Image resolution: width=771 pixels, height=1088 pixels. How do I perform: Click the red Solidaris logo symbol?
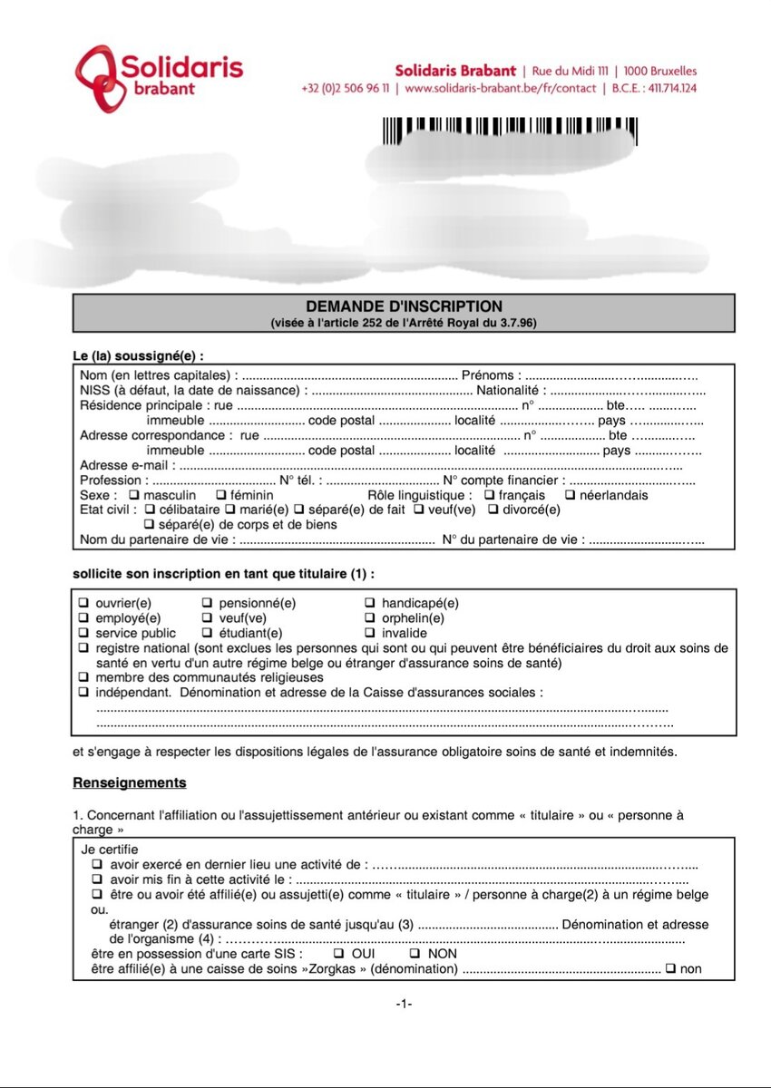tap(98, 79)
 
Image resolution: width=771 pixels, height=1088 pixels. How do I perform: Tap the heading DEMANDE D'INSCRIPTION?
tap(404, 306)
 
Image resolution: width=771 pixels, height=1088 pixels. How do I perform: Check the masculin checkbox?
tap(133, 496)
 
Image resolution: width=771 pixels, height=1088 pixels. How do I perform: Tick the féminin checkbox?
tap(220, 496)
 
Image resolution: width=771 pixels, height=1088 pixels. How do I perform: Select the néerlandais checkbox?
tap(570, 496)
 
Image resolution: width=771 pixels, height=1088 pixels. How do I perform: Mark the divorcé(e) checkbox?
tap(493, 510)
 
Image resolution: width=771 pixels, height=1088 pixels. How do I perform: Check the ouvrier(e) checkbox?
tap(83, 603)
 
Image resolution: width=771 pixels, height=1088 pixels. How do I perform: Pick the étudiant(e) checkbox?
tap(207, 633)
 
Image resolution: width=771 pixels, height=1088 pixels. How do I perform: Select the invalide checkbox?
tap(369, 633)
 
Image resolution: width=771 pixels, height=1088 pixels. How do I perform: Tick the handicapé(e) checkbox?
tap(369, 603)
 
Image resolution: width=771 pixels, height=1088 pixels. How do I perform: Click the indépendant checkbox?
tap(83, 693)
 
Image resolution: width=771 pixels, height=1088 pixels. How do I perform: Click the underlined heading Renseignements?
tap(129, 782)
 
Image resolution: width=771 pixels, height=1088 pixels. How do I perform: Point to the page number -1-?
tap(404, 1004)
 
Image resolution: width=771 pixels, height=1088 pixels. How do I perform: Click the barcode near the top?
tap(509, 131)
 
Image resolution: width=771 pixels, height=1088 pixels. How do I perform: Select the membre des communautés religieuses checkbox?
tap(83, 677)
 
